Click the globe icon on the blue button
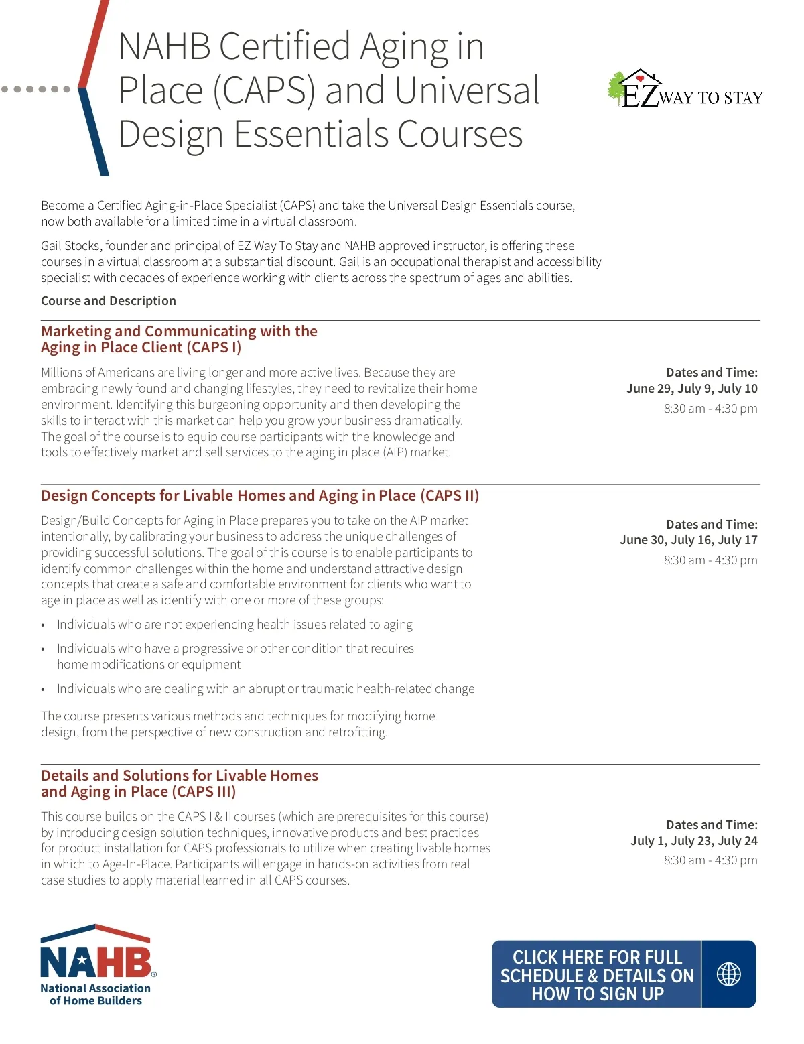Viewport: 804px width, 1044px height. (728, 974)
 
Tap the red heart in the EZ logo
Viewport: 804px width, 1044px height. (640, 78)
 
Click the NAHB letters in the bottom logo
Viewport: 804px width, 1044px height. (96, 962)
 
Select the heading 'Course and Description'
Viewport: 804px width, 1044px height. (109, 300)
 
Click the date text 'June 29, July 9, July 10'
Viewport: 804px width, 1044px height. (691, 388)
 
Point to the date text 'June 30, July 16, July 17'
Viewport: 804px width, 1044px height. (688, 539)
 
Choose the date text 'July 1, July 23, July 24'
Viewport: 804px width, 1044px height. (693, 840)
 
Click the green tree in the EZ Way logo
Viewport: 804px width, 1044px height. (616, 88)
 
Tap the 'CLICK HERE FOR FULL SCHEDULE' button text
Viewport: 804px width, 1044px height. (597, 975)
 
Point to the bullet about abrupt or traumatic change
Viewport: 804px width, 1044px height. (265, 688)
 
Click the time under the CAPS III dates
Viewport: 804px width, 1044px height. (710, 860)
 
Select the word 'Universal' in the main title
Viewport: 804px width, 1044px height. (467, 90)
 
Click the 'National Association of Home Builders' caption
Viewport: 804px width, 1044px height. (96, 994)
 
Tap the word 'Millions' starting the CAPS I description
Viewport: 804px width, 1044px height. (64, 372)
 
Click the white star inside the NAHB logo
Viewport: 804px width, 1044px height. (82, 962)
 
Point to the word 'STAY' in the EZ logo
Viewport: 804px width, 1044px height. (743, 98)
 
